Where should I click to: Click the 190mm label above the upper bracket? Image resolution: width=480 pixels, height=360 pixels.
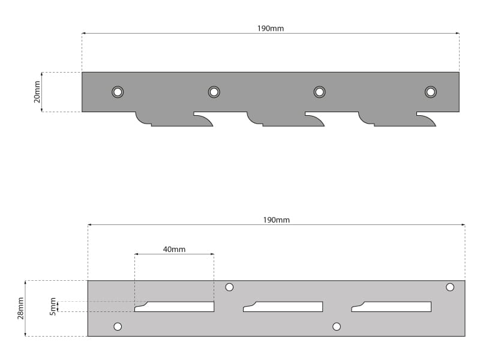click(x=271, y=28)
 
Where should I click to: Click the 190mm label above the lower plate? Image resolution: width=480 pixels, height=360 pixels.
click(x=276, y=220)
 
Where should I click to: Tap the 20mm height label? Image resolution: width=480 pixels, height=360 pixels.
click(x=37, y=92)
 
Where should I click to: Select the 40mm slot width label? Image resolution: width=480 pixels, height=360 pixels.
click(x=174, y=250)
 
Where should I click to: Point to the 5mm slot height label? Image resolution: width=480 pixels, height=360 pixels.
click(x=53, y=307)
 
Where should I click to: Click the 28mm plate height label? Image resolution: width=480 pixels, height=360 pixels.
click(x=20, y=308)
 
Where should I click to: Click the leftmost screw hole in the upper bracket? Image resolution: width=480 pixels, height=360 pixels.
click(x=118, y=92)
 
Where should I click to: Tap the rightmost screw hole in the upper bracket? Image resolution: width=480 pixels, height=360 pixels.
click(x=430, y=92)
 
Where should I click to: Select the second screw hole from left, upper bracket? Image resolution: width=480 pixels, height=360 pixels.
click(x=214, y=92)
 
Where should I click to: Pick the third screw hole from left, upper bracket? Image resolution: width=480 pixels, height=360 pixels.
click(x=319, y=92)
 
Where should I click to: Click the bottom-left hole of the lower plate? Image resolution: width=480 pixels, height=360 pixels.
click(x=118, y=326)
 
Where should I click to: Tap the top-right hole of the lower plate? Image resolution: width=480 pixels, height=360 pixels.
click(x=449, y=287)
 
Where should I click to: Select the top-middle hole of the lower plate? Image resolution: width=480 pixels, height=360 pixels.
click(x=229, y=287)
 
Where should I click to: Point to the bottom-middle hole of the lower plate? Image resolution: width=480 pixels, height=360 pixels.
click(x=337, y=326)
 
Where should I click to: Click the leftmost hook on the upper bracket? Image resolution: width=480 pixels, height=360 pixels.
click(x=172, y=120)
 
